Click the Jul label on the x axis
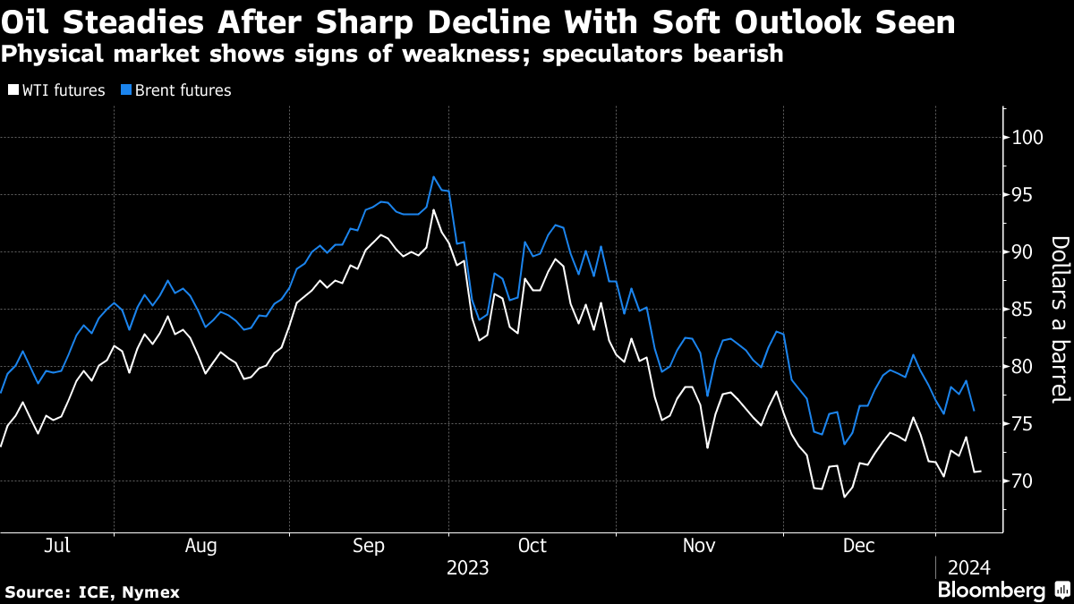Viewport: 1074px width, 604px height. tap(57, 545)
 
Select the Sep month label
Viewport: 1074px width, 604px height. tap(369, 545)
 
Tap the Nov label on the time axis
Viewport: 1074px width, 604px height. tap(699, 545)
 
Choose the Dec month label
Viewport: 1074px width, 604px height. tap(858, 545)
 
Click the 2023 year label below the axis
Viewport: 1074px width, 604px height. tap(467, 568)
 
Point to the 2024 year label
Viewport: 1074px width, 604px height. tap(968, 568)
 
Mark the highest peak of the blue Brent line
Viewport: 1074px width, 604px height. tap(433, 176)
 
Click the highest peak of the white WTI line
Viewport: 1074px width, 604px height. tap(433, 209)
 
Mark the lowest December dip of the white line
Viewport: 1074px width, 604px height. tap(843, 497)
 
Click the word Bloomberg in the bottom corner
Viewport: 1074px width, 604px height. tap(991, 591)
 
